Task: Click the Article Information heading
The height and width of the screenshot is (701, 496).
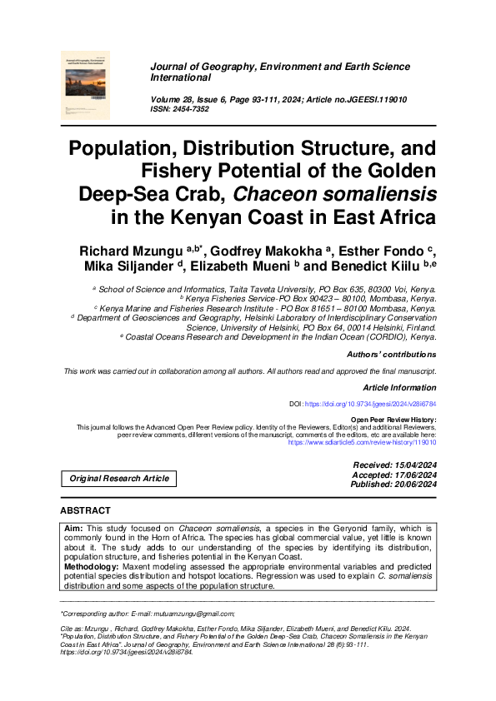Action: pos(399,388)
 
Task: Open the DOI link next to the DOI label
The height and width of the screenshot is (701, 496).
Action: pos(370,404)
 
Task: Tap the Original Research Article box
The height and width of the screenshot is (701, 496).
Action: pos(118,479)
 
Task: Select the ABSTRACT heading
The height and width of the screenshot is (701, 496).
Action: pos(85,510)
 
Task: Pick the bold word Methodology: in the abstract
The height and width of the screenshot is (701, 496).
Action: pos(92,567)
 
